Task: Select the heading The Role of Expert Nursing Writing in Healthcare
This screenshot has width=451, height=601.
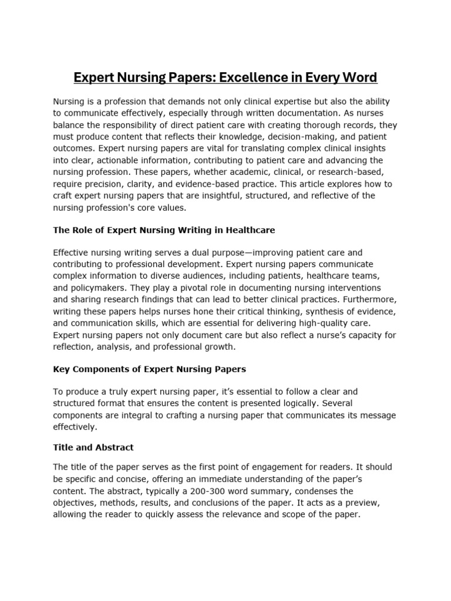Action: [164, 230]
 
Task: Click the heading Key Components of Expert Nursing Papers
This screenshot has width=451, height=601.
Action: [149, 369]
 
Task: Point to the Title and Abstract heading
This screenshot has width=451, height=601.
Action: [93, 447]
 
